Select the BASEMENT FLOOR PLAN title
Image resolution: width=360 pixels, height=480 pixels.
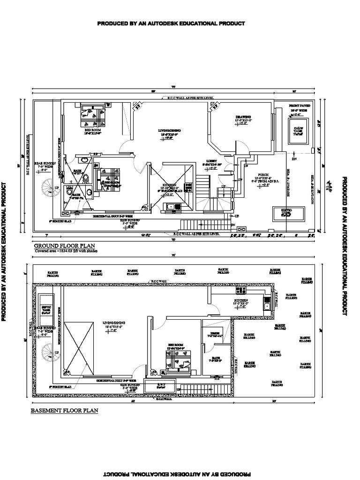tap(64, 411)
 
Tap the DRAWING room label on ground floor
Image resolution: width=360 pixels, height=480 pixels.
tap(243, 117)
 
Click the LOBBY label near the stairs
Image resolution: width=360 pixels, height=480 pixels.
tap(210, 161)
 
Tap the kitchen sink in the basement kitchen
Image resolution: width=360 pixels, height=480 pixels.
tap(267, 307)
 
